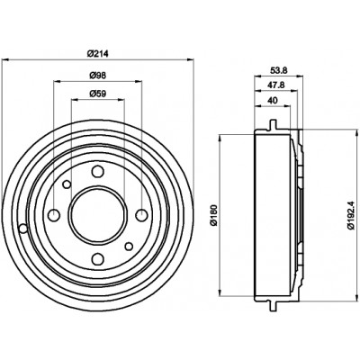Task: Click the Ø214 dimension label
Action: point(97,54)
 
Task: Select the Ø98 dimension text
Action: point(98,76)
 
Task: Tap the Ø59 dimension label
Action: point(98,94)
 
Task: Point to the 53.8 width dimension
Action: point(279,71)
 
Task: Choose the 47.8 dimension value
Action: point(277,85)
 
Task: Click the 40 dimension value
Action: point(272,101)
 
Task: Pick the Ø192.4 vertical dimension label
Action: point(352,215)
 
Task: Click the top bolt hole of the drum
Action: point(98,172)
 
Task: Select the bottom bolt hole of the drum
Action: point(98,258)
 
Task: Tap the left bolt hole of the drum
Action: point(54,215)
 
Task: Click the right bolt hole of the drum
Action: point(141,215)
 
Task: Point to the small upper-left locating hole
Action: point(67,184)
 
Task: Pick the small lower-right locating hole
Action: point(129,247)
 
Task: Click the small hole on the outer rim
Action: point(23,229)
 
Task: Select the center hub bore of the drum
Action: point(98,215)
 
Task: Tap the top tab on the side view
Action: point(273,124)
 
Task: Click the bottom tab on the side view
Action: point(273,306)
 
